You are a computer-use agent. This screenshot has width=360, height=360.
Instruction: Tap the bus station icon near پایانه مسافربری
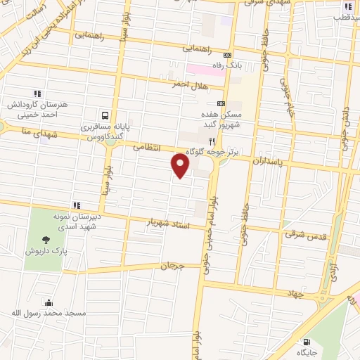click(104, 115)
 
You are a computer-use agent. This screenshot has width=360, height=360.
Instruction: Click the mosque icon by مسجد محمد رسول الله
click(49, 303)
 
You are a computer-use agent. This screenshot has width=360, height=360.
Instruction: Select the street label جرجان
click(172, 266)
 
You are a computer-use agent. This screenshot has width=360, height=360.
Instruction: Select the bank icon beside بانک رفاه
click(226, 55)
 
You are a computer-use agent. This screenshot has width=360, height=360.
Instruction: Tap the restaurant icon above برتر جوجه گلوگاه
click(202, 141)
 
